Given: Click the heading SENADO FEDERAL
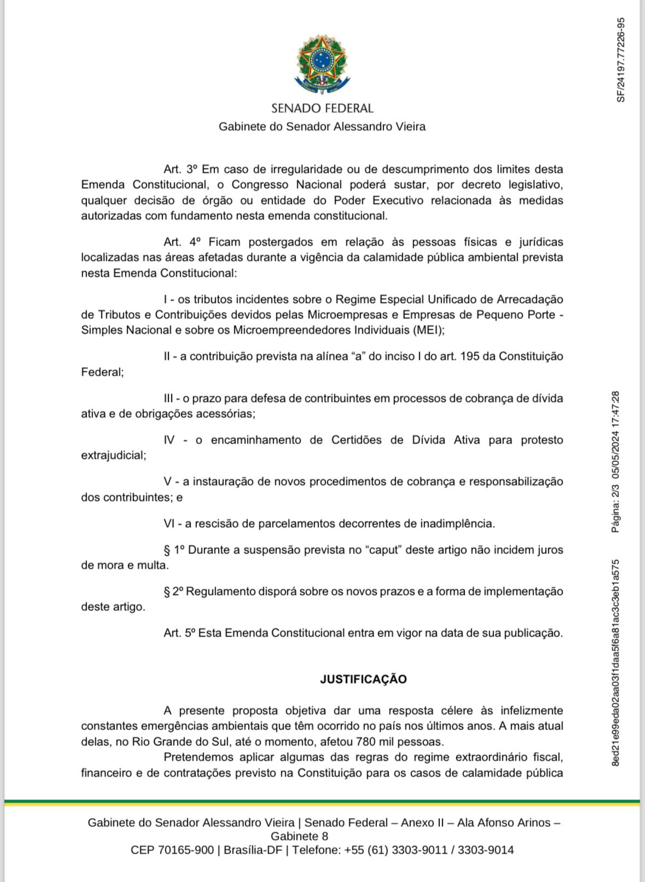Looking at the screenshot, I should (322, 108).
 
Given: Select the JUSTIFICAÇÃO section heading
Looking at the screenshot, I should (363, 680).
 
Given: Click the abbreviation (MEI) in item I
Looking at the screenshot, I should (429, 330).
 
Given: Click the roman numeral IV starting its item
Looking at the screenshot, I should (169, 440).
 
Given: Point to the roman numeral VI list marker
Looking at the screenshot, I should (169, 523).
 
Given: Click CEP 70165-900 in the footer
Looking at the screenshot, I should (172, 850).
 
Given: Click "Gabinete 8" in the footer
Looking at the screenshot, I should (299, 836).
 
